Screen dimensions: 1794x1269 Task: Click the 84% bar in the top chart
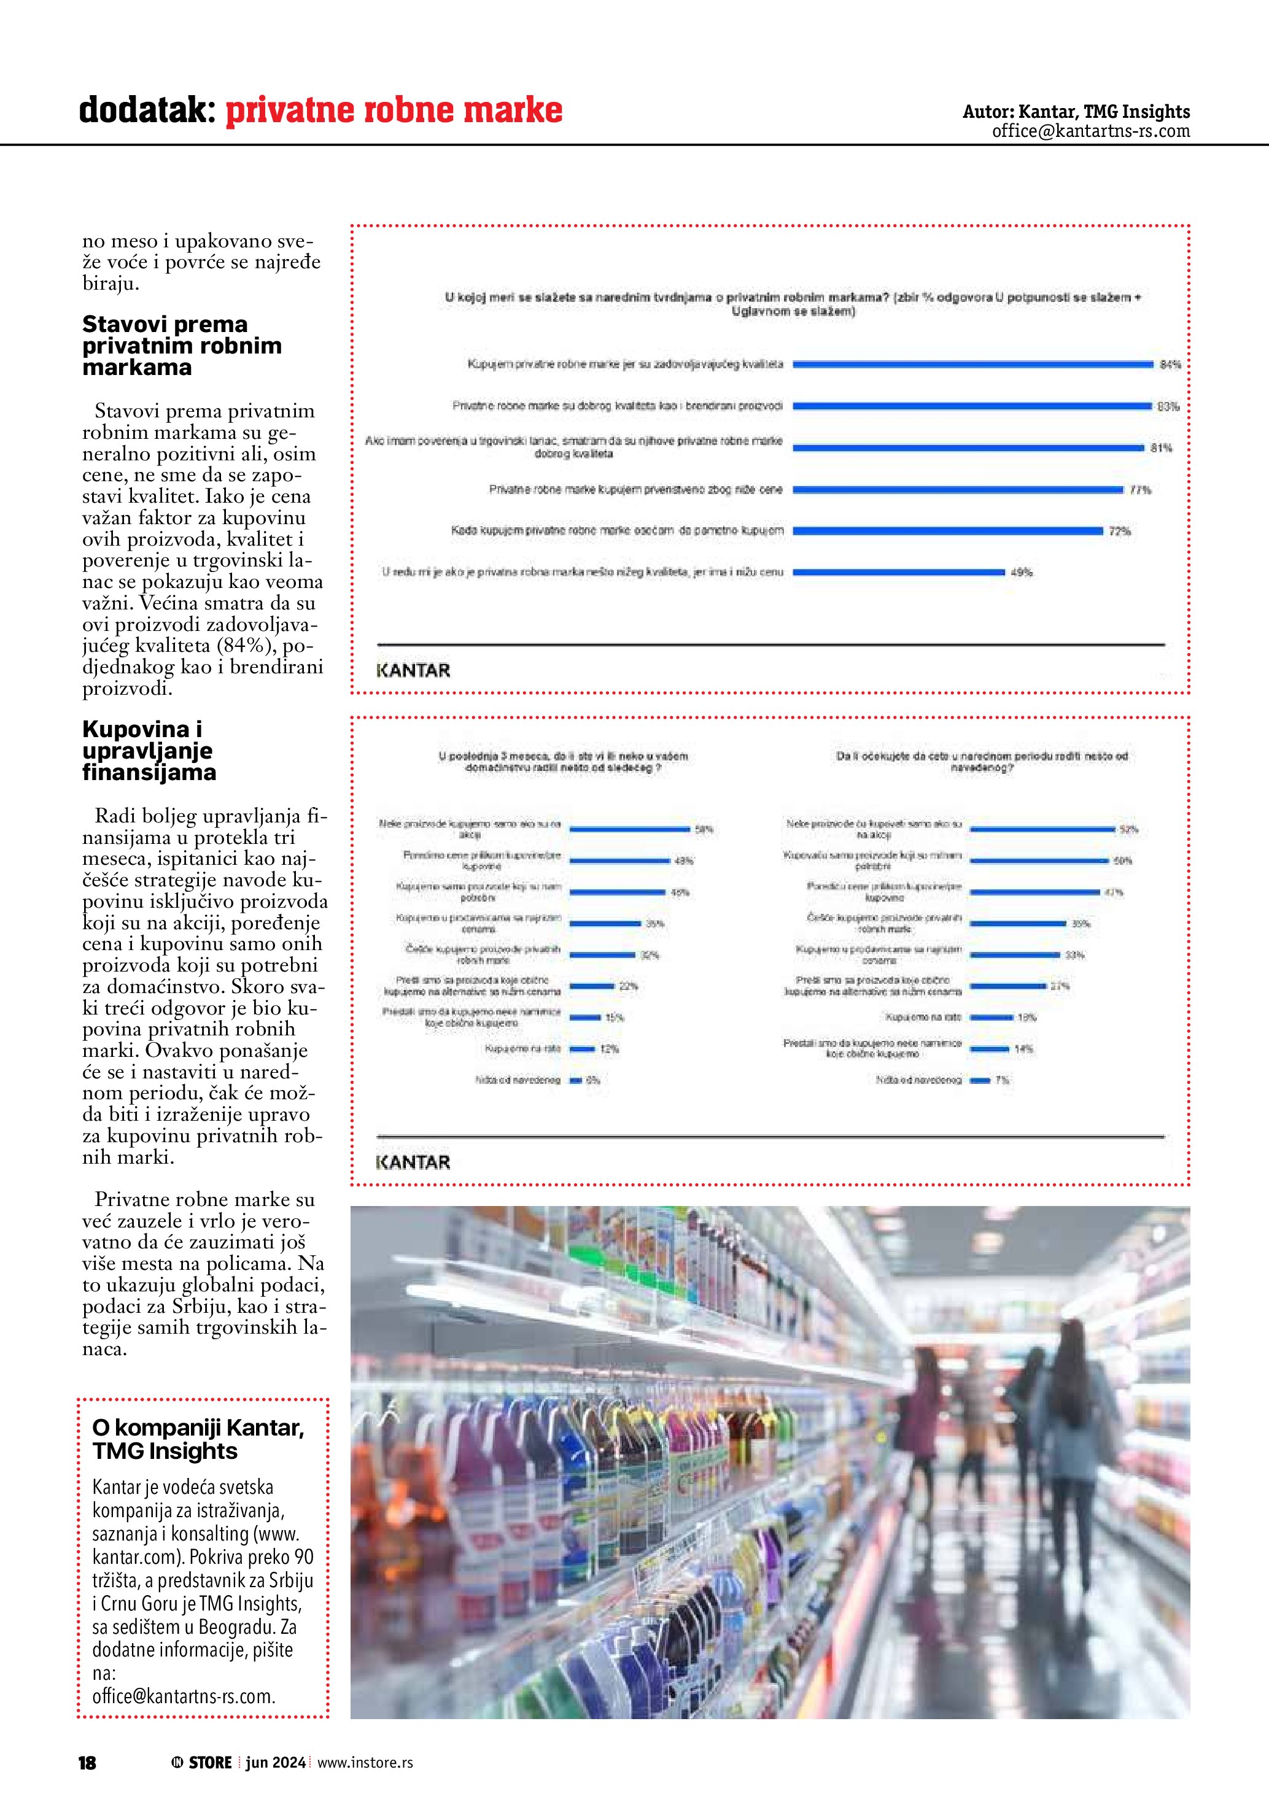tap(973, 364)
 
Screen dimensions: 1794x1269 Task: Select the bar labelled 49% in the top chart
tap(899, 572)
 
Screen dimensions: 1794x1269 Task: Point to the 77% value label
tap(1140, 490)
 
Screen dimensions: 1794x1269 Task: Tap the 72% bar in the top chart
tap(948, 530)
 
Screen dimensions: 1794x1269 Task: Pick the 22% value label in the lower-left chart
tap(628, 986)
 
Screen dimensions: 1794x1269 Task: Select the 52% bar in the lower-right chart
tap(1042, 828)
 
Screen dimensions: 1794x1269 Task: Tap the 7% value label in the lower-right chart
tap(1002, 1080)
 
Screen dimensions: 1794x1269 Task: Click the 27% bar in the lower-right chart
tap(1007, 986)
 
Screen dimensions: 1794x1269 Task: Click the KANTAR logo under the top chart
tap(413, 670)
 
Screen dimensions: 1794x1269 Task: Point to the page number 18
tap(87, 1763)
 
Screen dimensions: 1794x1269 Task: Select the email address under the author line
tap(1091, 131)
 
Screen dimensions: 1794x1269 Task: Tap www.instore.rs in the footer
tap(365, 1763)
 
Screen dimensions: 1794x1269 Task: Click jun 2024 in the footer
tap(275, 1763)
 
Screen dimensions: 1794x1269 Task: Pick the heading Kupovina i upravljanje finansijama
tap(149, 750)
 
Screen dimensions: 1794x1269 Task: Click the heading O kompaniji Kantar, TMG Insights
tap(198, 1439)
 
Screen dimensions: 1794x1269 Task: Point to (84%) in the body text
tap(249, 646)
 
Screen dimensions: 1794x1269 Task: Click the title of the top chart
tap(793, 304)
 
